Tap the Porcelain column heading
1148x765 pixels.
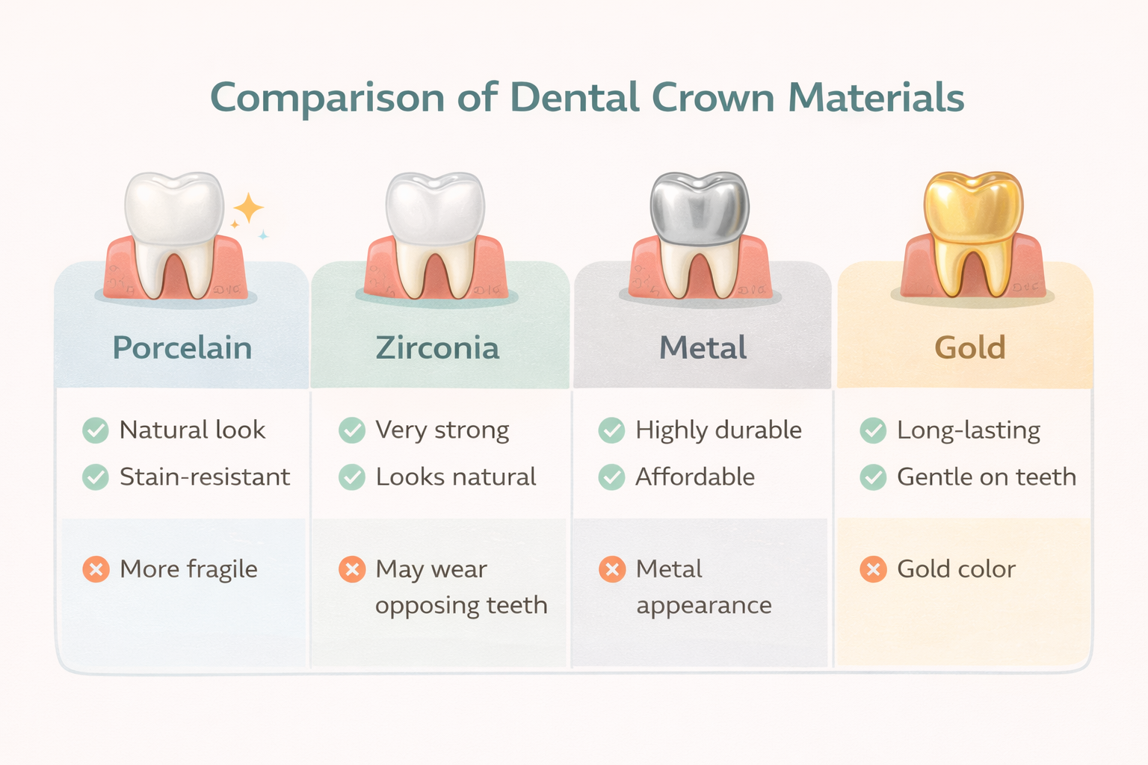point(182,348)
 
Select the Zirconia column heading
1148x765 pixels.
point(437,348)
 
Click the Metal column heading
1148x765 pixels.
point(703,348)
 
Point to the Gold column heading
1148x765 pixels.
point(970,348)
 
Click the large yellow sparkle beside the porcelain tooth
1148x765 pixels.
point(248,208)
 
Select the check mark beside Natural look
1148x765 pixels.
point(96,430)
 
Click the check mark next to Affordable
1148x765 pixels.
point(611,477)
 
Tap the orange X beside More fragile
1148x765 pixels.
point(96,569)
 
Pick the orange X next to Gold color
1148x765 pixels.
point(872,569)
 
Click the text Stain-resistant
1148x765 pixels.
point(205,477)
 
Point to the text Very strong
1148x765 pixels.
point(442,430)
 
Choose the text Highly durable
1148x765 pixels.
point(718,430)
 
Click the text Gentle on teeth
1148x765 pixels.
point(987,477)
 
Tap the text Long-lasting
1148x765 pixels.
point(969,430)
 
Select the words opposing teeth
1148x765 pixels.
point(461,605)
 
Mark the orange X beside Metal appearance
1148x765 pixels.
point(611,569)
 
